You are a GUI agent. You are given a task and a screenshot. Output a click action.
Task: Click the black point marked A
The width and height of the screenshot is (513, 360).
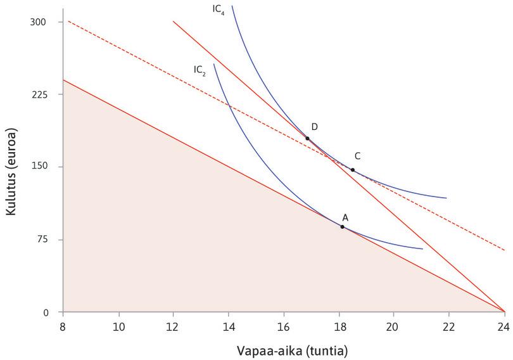click(x=342, y=226)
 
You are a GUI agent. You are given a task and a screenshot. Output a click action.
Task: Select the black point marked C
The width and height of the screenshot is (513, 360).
click(x=353, y=170)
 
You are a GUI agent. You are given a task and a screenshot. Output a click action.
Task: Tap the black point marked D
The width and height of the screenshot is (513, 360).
click(x=307, y=138)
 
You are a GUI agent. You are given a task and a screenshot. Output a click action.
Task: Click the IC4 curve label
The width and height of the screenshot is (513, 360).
click(x=218, y=11)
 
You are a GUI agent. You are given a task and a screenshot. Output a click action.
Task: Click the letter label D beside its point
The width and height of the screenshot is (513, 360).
click(x=314, y=127)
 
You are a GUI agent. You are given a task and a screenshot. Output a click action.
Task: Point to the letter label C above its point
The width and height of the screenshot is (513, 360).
click(x=358, y=156)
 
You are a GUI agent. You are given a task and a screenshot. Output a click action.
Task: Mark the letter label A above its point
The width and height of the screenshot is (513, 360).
click(x=345, y=217)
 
